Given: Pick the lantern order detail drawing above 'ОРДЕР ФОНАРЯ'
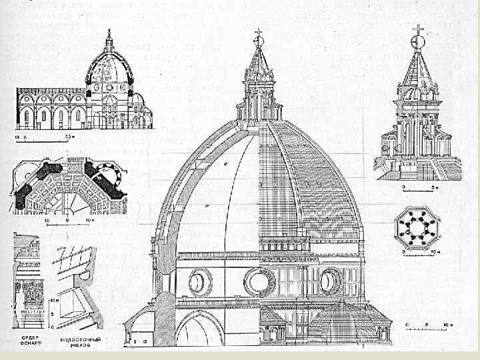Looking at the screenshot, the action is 29,287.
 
